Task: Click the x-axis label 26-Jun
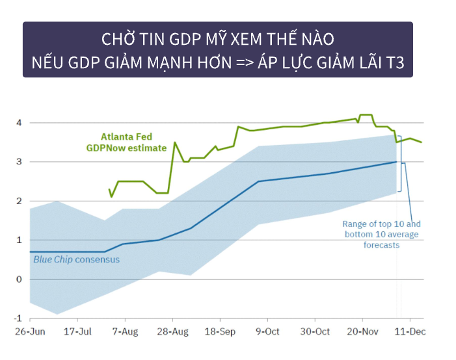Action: [x=30, y=332]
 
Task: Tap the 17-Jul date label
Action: [x=77, y=332]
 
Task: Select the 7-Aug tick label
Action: [x=125, y=332]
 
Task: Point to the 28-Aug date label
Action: [x=172, y=332]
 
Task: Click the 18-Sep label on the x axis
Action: [x=220, y=332]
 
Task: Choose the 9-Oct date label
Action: [x=267, y=332]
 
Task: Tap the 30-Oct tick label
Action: [x=315, y=332]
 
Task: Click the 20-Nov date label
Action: [x=362, y=332]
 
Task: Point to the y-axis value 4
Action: [x=20, y=123]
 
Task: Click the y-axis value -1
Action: [x=18, y=319]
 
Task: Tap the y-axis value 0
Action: [x=20, y=279]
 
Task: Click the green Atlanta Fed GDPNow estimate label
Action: [x=127, y=142]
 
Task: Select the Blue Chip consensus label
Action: [x=76, y=260]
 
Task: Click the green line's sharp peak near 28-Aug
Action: [x=174, y=142]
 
